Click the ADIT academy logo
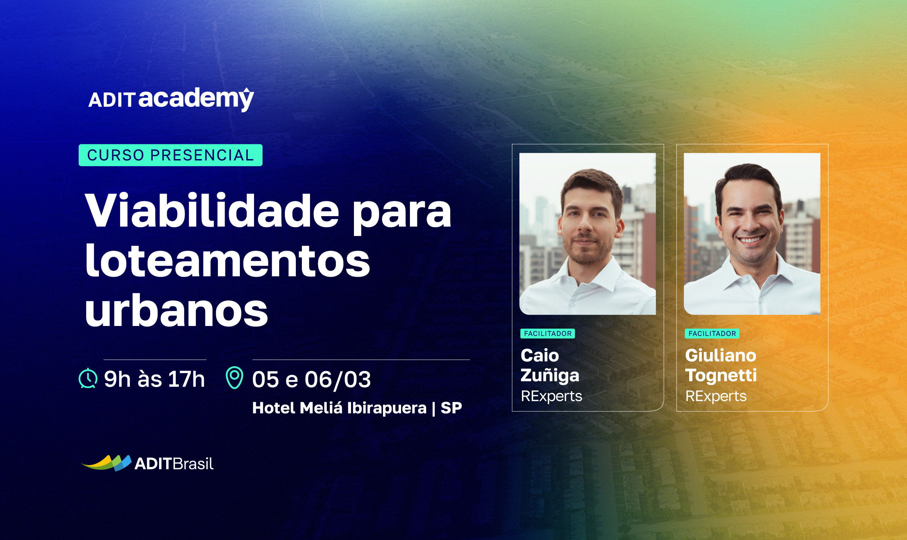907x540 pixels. (171, 99)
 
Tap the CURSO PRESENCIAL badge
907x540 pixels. (170, 155)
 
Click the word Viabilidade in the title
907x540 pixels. (212, 211)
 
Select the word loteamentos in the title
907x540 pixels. (227, 260)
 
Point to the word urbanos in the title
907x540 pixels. (176, 310)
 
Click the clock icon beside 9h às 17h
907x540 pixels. (88, 379)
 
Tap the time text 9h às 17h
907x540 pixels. (154, 379)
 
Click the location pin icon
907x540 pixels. (235, 378)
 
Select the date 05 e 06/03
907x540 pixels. (311, 379)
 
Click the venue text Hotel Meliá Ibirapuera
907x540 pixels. (339, 408)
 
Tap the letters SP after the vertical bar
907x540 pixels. (451, 408)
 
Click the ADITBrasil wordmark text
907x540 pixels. (174, 463)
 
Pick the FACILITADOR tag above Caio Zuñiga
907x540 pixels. (547, 333)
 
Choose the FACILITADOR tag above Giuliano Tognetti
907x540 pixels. (712, 333)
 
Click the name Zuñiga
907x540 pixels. (550, 376)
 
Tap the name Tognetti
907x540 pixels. (721, 375)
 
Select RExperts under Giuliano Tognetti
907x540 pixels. (716, 396)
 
